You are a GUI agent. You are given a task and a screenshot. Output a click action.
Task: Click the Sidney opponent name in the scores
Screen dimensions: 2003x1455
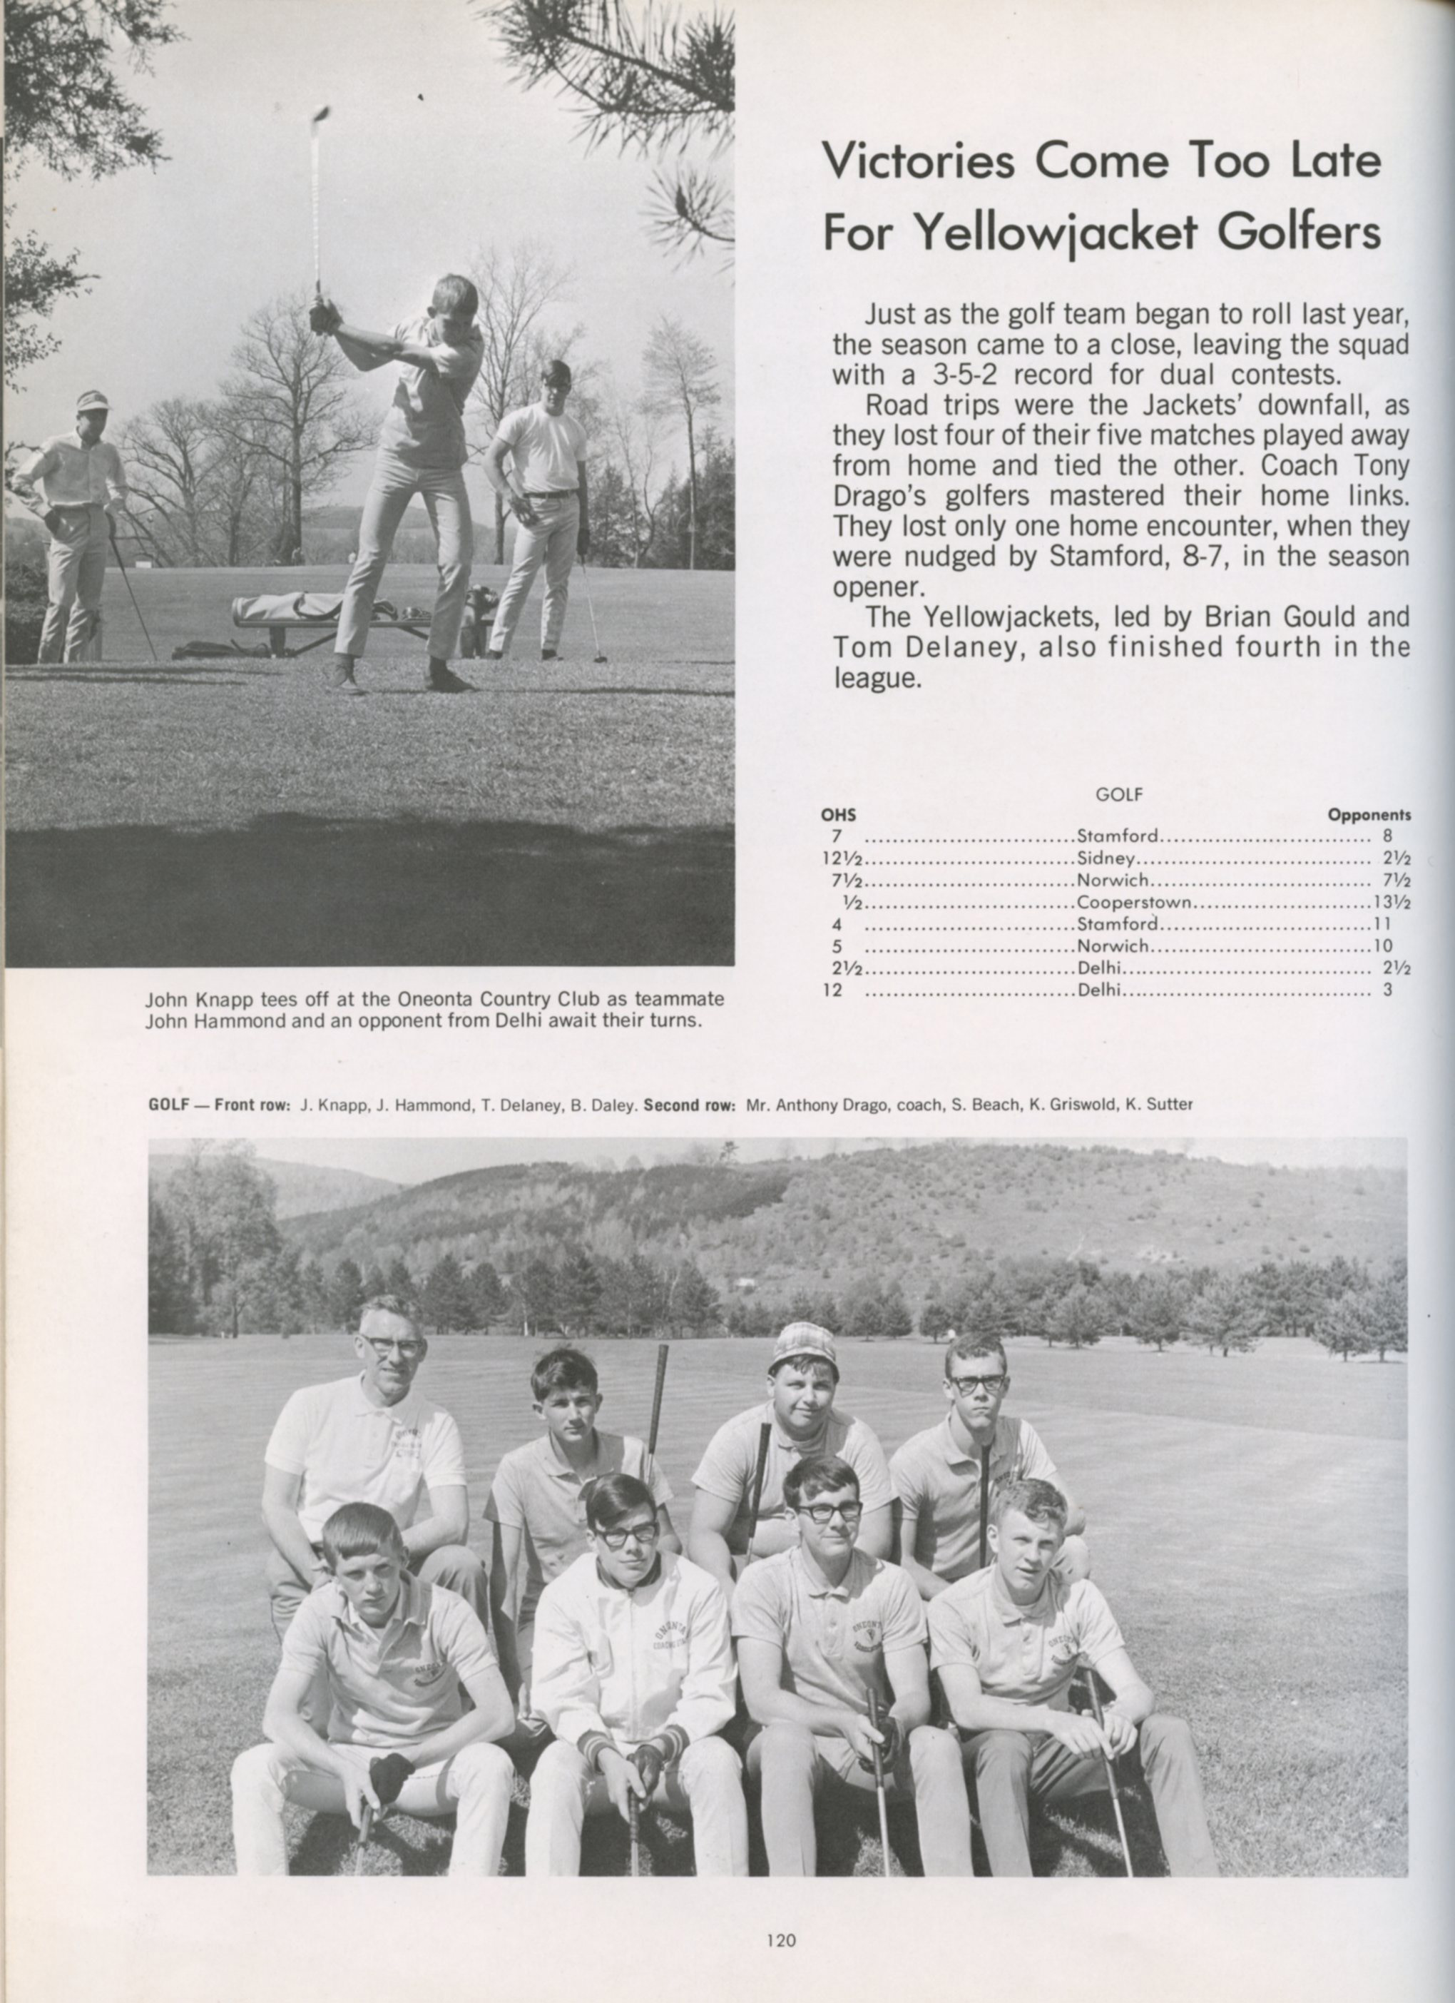pyautogui.click(x=1106, y=858)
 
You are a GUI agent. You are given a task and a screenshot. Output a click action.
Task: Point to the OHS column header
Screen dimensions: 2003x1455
pyautogui.click(x=839, y=815)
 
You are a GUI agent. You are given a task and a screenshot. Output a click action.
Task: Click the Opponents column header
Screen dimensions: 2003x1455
pyautogui.click(x=1369, y=815)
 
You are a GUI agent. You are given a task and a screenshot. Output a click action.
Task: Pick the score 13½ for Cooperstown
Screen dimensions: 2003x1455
pyautogui.click(x=1394, y=903)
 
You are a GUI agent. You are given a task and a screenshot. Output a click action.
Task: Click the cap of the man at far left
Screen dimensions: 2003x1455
pyautogui.click(x=92, y=400)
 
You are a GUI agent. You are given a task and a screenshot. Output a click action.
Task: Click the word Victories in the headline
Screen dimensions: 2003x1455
pyautogui.click(x=921, y=161)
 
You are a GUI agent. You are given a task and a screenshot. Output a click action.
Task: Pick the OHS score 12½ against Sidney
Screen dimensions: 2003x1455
pyautogui.click(x=842, y=858)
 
